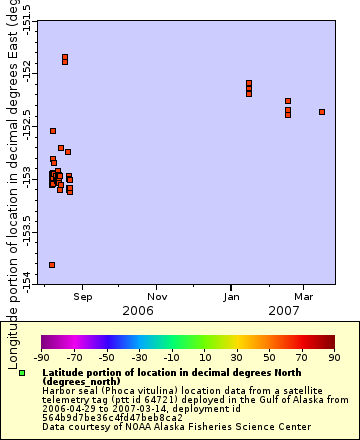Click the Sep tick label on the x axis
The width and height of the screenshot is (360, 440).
click(83, 296)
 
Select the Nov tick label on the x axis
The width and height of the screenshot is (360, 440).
click(157, 296)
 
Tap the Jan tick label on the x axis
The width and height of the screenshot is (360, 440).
click(231, 296)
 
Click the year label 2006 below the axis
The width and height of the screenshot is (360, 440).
click(138, 311)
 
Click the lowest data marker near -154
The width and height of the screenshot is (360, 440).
click(52, 265)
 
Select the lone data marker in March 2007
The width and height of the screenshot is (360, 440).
click(322, 112)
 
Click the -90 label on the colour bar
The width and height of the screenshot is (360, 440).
click(41, 356)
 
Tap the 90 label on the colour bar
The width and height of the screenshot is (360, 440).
click(333, 356)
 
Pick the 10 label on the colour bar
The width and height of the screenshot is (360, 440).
click(204, 356)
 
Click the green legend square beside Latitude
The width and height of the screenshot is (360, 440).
click(22, 373)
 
